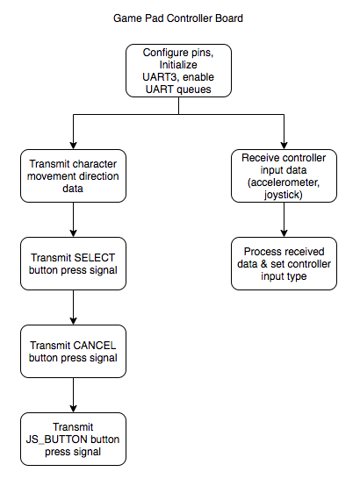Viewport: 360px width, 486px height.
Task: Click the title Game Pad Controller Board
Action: pos(178,18)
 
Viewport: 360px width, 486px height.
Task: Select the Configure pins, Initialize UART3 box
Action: pos(178,70)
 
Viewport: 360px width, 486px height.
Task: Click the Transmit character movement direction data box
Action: pos(73,175)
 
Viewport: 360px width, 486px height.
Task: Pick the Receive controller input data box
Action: pos(284,175)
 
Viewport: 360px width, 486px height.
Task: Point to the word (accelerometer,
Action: pos(284,182)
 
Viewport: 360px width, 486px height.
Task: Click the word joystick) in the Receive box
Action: pos(284,195)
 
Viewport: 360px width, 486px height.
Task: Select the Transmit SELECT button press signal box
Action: pos(73,263)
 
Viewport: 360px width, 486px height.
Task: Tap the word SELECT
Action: pos(94,258)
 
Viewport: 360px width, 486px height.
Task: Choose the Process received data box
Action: pos(284,263)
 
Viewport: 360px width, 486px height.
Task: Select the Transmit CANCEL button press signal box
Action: pos(73,351)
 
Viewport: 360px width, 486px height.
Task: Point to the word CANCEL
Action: pos(94,346)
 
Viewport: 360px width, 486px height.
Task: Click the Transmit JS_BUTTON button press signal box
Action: pos(73,439)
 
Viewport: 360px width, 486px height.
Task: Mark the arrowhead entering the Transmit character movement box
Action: pos(73,146)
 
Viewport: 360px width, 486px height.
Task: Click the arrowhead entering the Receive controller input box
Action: pos(284,146)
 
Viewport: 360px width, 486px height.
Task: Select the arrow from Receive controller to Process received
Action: pos(284,220)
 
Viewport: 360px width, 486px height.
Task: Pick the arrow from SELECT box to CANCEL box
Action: pos(73,307)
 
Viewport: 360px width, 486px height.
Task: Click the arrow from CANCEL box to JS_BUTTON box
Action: pos(73,395)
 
